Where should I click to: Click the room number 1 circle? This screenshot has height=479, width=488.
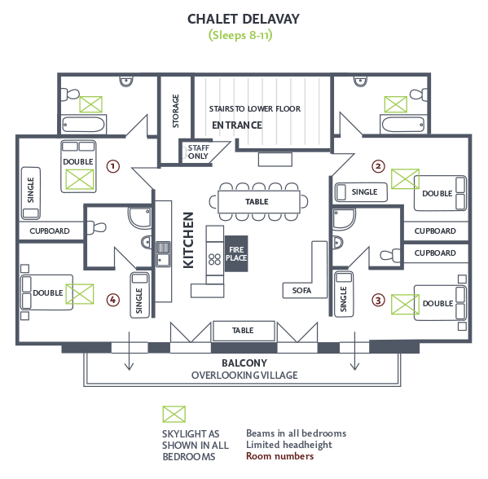[113, 166]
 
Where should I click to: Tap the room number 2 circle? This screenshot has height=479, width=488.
[378, 166]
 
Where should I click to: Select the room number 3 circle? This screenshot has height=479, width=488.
[378, 301]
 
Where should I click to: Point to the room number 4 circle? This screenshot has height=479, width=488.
[113, 300]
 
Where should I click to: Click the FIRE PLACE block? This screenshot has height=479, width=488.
[236, 253]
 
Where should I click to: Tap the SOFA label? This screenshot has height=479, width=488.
[301, 291]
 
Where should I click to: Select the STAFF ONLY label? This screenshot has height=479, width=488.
[198, 152]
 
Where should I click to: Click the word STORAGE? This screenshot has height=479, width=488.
[175, 111]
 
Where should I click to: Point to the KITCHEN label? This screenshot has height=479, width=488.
[188, 240]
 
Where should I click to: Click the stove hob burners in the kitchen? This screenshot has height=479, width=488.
[215, 259]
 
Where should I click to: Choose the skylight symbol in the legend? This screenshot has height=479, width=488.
[174, 415]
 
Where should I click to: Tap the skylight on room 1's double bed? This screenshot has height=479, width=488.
[80, 179]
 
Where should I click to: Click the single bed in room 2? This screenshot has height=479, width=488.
[361, 192]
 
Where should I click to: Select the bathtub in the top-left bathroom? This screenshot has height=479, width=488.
[83, 125]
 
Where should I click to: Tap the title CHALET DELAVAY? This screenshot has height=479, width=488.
[244, 19]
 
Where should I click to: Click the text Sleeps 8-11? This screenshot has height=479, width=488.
[240, 35]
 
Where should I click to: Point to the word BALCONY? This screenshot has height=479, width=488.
[244, 363]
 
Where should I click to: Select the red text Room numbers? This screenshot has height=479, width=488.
[279, 456]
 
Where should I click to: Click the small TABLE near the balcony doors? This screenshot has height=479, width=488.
[244, 332]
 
